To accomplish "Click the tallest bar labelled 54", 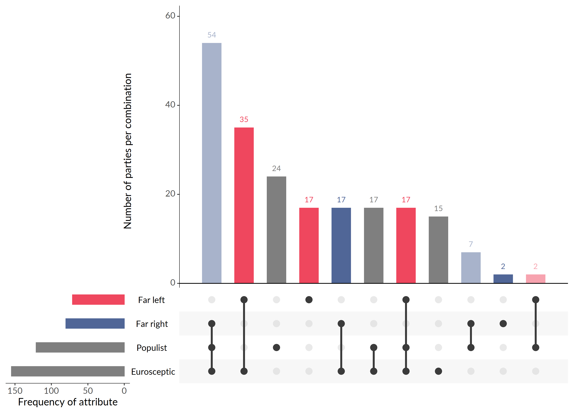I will tap(212, 163).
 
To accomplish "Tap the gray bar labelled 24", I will tap(276, 230).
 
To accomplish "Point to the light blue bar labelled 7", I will tap(471, 268).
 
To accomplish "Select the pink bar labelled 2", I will tap(535, 279).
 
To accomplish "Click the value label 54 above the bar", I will tap(212, 35).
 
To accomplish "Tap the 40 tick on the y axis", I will tap(170, 105).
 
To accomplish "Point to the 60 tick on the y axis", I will tap(170, 16).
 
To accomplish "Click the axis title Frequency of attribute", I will tap(68, 402).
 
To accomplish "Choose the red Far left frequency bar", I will tap(98, 299).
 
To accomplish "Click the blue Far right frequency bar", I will tap(95, 323).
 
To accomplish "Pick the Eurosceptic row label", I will tap(153, 372).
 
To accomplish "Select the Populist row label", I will tap(152, 348).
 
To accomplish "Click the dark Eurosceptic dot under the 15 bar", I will tap(438, 371).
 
